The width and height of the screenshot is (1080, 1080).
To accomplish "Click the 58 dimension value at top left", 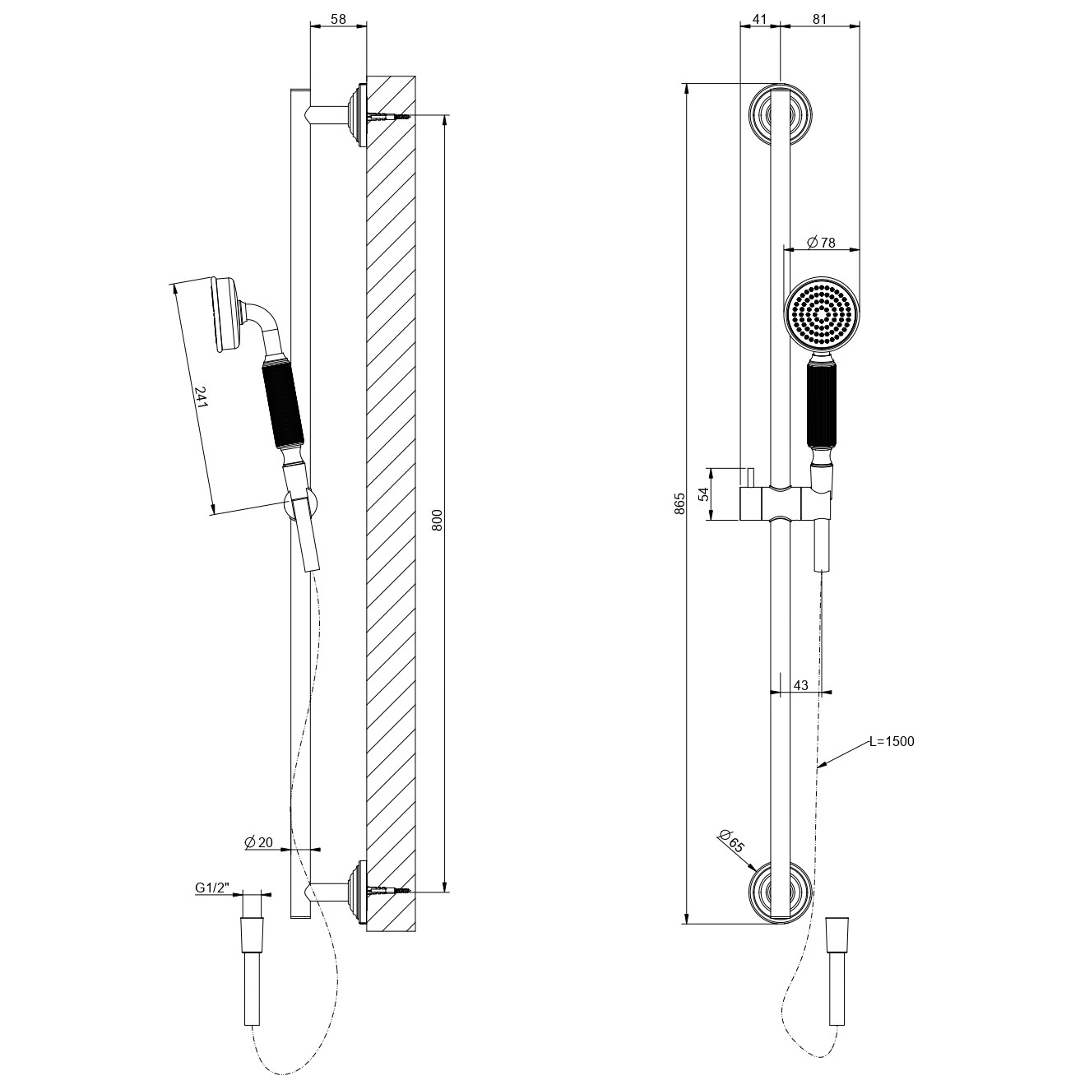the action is (x=338, y=19).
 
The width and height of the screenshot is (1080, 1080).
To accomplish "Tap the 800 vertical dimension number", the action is (x=438, y=520).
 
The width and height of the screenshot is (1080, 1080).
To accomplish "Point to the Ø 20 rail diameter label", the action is (x=258, y=841).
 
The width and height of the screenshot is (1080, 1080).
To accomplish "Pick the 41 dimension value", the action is (x=759, y=19).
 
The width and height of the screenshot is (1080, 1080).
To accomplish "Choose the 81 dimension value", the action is (x=819, y=19).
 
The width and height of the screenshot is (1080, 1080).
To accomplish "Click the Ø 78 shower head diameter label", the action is (x=821, y=242).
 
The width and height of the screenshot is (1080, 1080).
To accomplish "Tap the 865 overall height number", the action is (x=680, y=503).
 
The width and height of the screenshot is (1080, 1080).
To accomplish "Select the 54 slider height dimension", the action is (x=704, y=494).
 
